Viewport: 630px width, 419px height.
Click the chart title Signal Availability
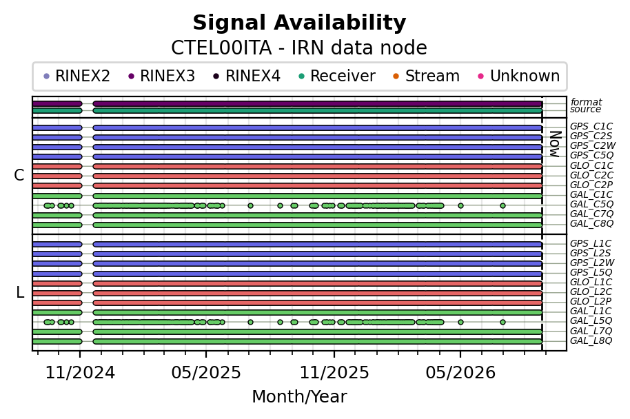tap(299, 23)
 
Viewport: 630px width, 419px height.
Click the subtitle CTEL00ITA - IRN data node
tap(299, 48)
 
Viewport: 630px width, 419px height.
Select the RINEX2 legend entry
tap(77, 76)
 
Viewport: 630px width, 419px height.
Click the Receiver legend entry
tap(336, 76)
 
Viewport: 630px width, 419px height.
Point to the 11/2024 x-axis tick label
tap(80, 373)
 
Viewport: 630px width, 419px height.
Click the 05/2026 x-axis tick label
tap(460, 373)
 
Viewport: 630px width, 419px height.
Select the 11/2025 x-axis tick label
tap(334, 373)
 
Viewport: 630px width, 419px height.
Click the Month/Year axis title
tap(299, 396)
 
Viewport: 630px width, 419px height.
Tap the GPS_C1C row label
tap(591, 127)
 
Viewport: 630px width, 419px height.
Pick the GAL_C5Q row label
tap(591, 204)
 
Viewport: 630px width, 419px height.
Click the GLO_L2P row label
tap(591, 301)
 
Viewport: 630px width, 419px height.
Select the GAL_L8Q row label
tap(591, 340)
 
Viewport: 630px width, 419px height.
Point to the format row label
tap(586, 101)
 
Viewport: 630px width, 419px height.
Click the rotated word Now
tap(555, 144)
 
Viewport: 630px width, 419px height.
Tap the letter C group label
tap(19, 175)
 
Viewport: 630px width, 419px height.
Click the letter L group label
tap(20, 292)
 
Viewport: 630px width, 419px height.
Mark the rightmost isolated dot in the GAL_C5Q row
tap(502, 205)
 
